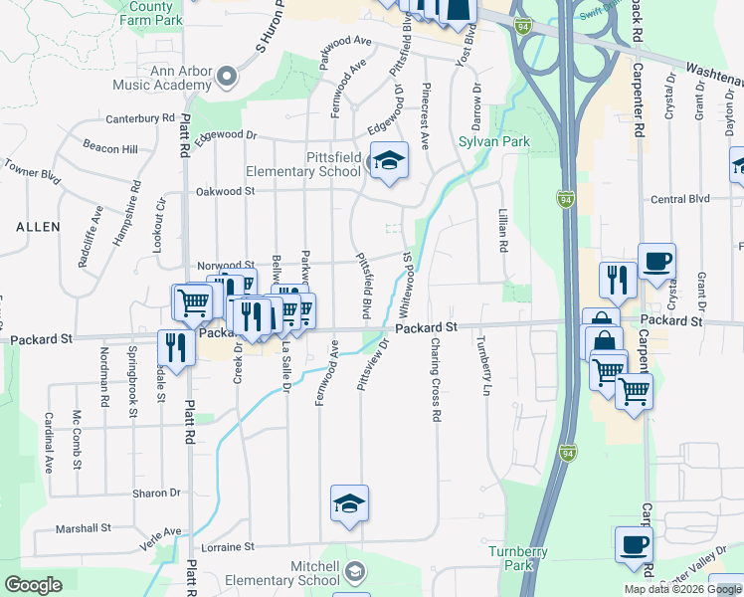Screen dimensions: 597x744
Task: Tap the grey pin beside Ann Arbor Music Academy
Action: tap(229, 75)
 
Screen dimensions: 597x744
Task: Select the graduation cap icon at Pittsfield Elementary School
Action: tap(388, 161)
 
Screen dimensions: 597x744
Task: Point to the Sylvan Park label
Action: tap(493, 142)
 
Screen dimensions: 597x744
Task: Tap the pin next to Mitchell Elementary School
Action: tap(356, 570)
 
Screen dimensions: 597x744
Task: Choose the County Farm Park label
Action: tap(155, 12)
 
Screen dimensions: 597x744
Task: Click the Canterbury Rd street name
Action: tap(141, 118)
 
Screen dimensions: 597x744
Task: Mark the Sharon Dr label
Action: tap(159, 493)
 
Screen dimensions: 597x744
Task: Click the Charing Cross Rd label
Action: tap(435, 379)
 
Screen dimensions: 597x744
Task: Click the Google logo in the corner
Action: tap(33, 585)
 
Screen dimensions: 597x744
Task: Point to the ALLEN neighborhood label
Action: tap(38, 227)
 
